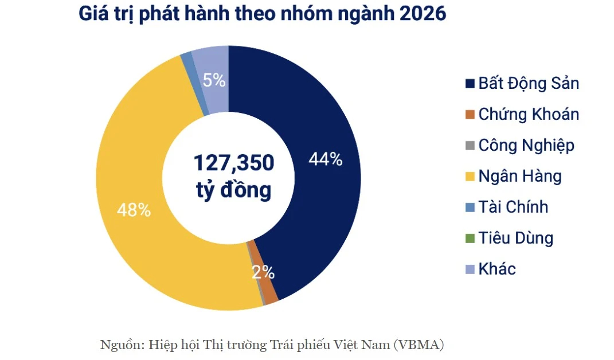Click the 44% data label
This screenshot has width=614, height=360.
[x=326, y=159]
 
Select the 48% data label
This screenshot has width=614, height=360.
[x=134, y=210]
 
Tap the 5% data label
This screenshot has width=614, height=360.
[x=214, y=81]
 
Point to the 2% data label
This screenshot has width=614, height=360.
[x=263, y=272]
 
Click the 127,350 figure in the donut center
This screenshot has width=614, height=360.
[x=234, y=163]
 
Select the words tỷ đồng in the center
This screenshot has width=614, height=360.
[x=234, y=190]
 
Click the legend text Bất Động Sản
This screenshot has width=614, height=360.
[x=529, y=84]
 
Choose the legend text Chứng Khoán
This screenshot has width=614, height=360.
[x=529, y=115]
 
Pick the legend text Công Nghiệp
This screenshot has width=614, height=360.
[x=526, y=146]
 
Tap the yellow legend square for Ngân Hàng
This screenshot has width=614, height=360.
[x=470, y=177]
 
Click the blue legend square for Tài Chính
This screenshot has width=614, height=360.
[x=470, y=207]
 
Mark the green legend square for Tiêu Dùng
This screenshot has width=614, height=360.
[x=470, y=238]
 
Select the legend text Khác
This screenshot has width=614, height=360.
[x=497, y=269]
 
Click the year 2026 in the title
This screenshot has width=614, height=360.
[x=423, y=13]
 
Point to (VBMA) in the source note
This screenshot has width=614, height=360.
[x=419, y=345]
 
